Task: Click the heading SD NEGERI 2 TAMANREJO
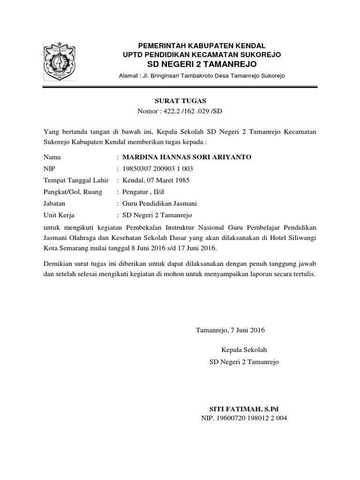[x=201, y=64]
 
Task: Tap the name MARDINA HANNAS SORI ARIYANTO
[x=187, y=157]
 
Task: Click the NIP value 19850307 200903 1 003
[x=157, y=168]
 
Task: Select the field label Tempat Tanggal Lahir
[x=76, y=180]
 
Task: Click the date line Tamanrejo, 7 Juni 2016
[x=230, y=330]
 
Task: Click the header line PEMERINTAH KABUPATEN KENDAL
[x=201, y=45]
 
